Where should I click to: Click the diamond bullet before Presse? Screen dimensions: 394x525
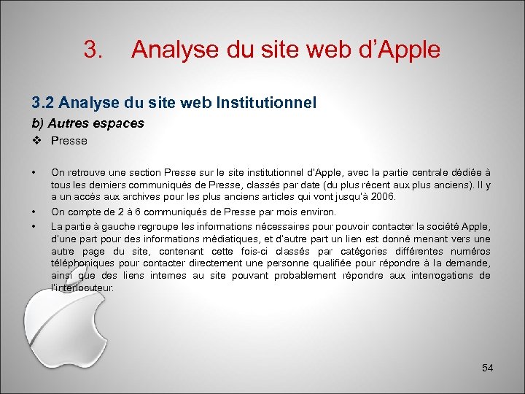point(36,141)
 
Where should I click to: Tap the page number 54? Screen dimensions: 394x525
point(488,368)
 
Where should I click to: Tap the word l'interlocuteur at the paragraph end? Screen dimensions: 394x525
point(82,287)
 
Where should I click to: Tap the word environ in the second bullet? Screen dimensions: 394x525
point(319,212)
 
